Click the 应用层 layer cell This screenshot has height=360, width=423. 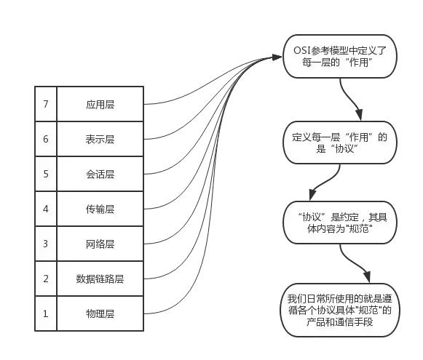coord(100,104)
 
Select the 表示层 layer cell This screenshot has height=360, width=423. coord(100,139)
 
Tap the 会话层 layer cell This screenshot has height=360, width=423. coord(100,174)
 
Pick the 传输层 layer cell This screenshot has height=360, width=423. coord(100,209)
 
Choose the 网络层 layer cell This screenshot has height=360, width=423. coord(100,244)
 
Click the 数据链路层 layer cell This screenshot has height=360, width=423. coord(100,279)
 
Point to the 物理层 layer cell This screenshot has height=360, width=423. coord(100,313)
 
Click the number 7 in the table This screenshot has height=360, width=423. coord(45,104)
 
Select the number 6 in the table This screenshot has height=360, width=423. coord(45,139)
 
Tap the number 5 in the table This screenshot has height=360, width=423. coord(45,174)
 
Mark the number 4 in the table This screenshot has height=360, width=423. coord(45,209)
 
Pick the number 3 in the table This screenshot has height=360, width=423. coord(45,244)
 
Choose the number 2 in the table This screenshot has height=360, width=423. coord(45,279)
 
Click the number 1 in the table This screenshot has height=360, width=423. coord(45,313)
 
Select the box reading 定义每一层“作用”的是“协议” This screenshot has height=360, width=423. coord(340,142)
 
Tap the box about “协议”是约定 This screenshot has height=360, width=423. coord(340,223)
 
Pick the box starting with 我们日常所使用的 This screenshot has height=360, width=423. coord(340,310)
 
